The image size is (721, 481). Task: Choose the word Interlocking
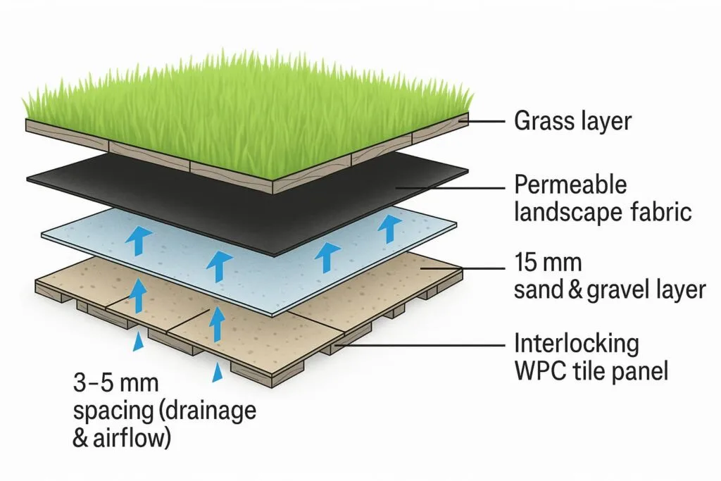coord(577,344)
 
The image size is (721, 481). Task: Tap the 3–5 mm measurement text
coord(116,384)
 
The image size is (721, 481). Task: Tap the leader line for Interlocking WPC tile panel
coord(422,345)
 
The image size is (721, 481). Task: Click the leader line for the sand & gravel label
coord(465,268)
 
